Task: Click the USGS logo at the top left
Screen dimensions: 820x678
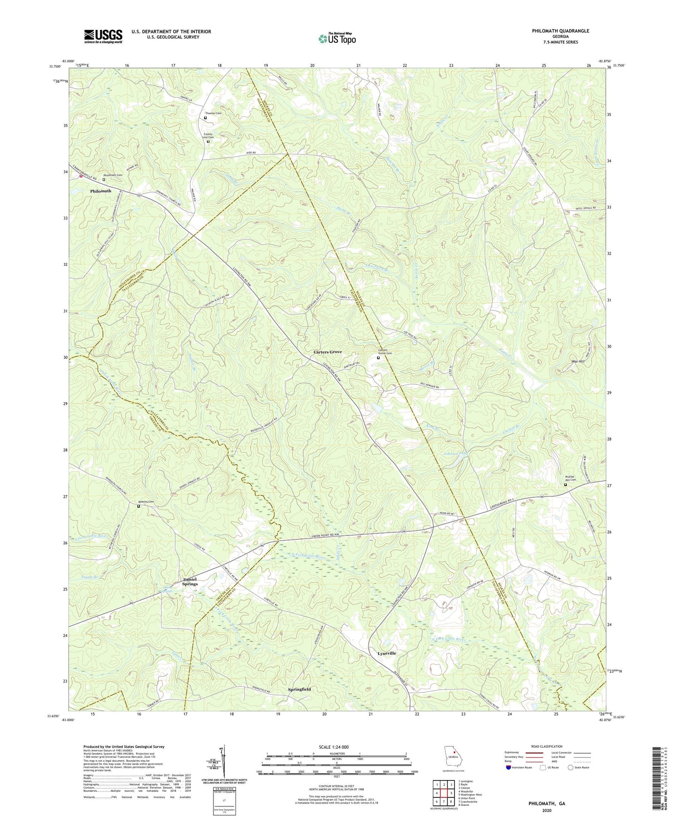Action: [x=103, y=36]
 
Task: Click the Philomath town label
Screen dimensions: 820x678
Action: [x=101, y=191]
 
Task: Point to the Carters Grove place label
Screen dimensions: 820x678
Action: [x=328, y=352]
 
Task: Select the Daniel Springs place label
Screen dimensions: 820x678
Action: [x=190, y=581]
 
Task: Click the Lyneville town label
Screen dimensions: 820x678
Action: [x=387, y=653]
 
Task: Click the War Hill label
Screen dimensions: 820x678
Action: [x=578, y=362]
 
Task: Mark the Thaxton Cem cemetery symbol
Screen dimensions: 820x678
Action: [x=205, y=118]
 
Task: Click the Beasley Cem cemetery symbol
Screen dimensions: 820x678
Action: [x=138, y=506]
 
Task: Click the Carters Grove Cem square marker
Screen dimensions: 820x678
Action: [x=378, y=358]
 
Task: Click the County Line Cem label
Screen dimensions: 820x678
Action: [x=208, y=136]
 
